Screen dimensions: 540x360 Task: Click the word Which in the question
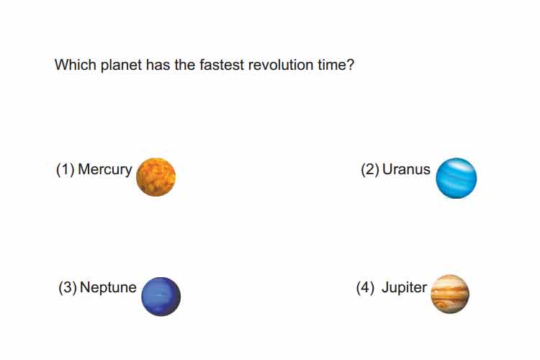76,65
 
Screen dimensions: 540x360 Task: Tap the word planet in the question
121,66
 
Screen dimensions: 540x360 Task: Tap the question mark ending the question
351,65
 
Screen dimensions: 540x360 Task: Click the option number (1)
65,169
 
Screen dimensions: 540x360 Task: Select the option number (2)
370,169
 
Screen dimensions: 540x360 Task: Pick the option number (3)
68,287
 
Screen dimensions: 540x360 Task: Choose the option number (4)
365,288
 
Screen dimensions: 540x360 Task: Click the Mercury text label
105,170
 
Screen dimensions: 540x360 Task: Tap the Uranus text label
406,169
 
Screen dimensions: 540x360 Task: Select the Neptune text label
108,288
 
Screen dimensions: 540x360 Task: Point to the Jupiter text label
404,288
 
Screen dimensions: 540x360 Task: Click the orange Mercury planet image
156,177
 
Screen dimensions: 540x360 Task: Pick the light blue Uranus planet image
456,178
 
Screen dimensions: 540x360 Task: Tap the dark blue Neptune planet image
161,296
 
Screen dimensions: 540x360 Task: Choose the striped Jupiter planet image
450,294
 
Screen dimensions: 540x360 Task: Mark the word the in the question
185,65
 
